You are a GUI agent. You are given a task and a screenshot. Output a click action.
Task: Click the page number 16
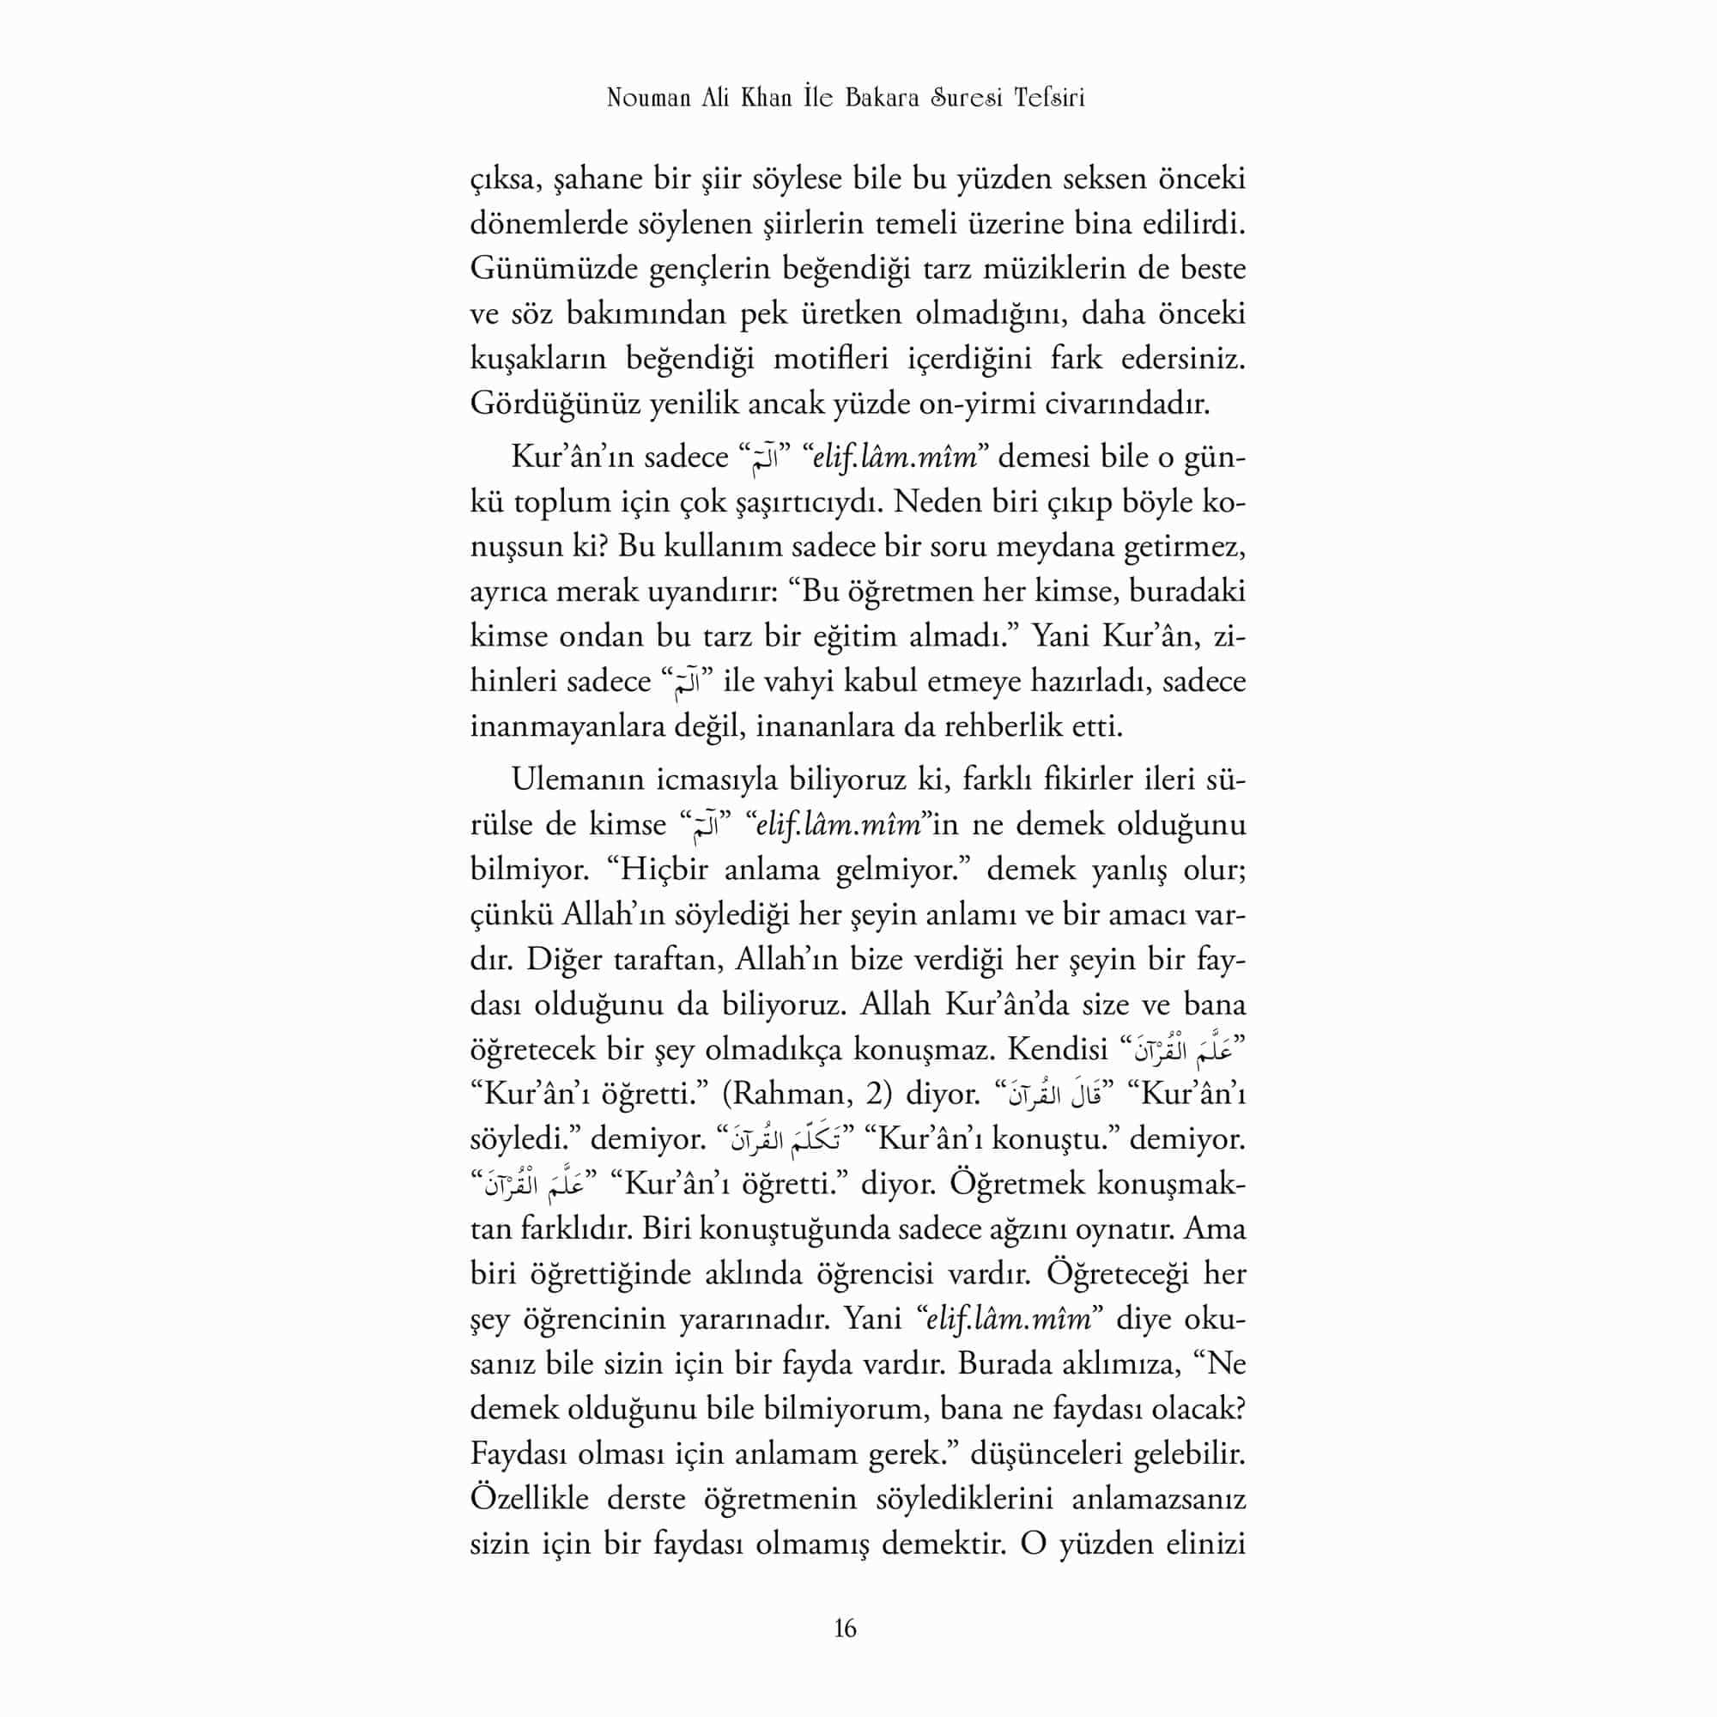click(x=845, y=1628)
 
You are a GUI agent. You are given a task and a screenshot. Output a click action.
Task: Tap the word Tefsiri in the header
click(x=1049, y=98)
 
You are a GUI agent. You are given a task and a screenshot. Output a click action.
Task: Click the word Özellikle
click(x=530, y=1498)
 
